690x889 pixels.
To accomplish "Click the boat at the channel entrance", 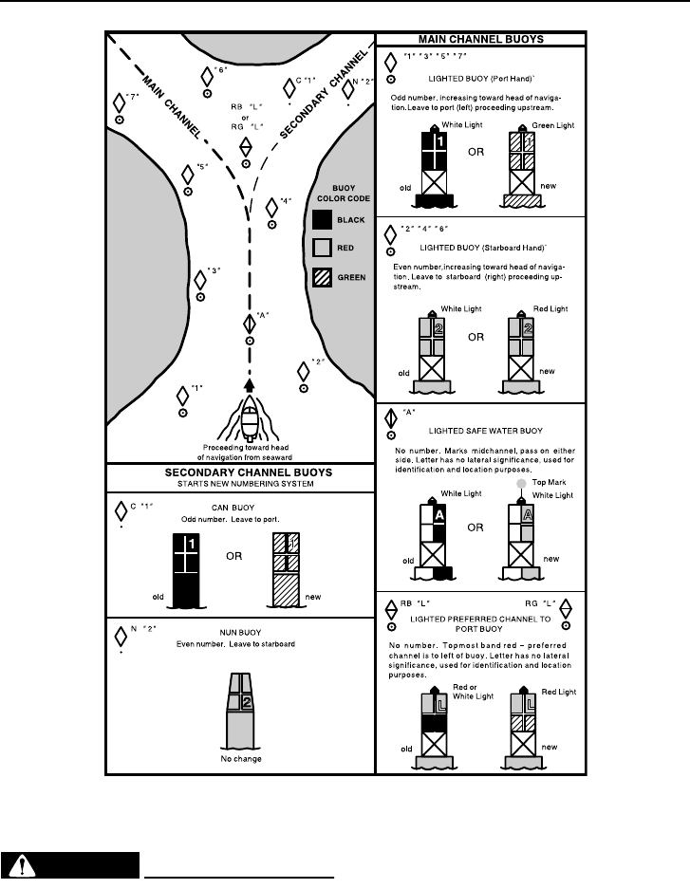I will tap(249, 417).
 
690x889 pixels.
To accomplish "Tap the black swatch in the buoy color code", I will tap(322, 220).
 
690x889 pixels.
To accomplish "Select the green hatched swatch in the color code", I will tap(322, 278).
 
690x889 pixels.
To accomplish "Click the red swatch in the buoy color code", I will tap(322, 249).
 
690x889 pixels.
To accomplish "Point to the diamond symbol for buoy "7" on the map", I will tap(119, 101).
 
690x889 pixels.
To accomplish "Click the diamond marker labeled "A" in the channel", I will tap(250, 322).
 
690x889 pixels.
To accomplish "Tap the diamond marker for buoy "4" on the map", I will tap(271, 207).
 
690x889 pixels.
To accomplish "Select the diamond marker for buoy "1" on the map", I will tap(183, 394).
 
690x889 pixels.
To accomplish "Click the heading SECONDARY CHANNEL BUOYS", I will tap(241, 472).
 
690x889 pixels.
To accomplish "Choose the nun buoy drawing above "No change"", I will tap(241, 713).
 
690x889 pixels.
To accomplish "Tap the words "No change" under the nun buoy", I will tap(241, 760).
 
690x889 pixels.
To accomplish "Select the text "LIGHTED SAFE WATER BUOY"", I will tap(481, 431).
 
